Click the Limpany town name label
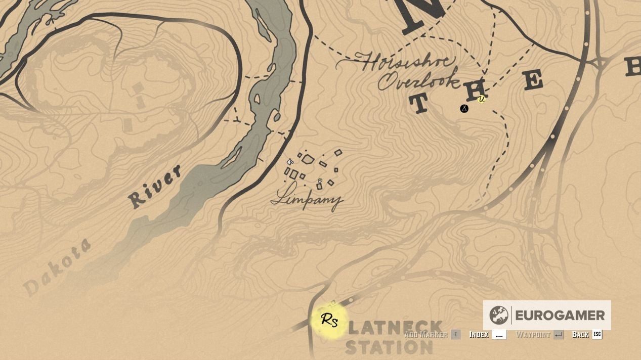coord(307,199)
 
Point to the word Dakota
coord(57,266)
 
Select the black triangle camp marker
coord(464,109)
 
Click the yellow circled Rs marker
coord(329,320)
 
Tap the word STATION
coord(389,348)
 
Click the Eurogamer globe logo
coord(499,315)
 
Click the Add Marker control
coord(425,334)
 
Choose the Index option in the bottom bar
coord(479,334)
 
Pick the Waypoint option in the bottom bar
coord(533,334)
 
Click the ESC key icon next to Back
coord(597,334)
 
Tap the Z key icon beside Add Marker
coord(456,334)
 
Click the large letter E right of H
coord(532,80)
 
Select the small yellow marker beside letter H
coord(482,99)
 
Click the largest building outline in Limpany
coord(308,159)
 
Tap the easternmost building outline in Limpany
coord(338,152)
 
